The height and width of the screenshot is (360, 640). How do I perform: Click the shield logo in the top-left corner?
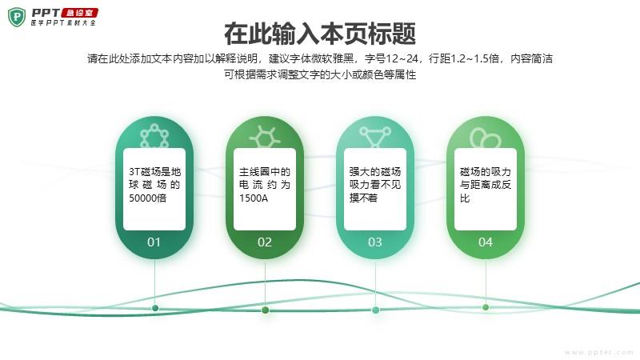click(17, 17)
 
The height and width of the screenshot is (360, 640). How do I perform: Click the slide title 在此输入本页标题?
click(320, 34)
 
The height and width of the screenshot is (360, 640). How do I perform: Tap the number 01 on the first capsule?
click(154, 242)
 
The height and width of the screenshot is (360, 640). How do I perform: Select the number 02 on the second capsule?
click(265, 242)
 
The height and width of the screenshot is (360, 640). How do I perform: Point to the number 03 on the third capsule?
click(375, 242)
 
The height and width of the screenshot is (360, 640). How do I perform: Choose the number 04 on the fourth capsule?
click(486, 242)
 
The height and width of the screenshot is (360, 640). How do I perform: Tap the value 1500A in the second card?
click(254, 198)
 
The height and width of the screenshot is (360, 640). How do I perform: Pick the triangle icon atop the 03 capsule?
click(375, 136)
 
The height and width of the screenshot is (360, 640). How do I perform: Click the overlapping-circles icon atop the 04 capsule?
click(484, 138)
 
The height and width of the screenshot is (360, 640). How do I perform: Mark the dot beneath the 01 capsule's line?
click(155, 307)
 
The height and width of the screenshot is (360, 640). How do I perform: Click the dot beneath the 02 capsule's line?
click(265, 310)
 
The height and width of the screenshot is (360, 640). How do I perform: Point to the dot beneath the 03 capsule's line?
click(375, 310)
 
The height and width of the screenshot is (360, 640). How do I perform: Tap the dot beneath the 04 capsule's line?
click(486, 306)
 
